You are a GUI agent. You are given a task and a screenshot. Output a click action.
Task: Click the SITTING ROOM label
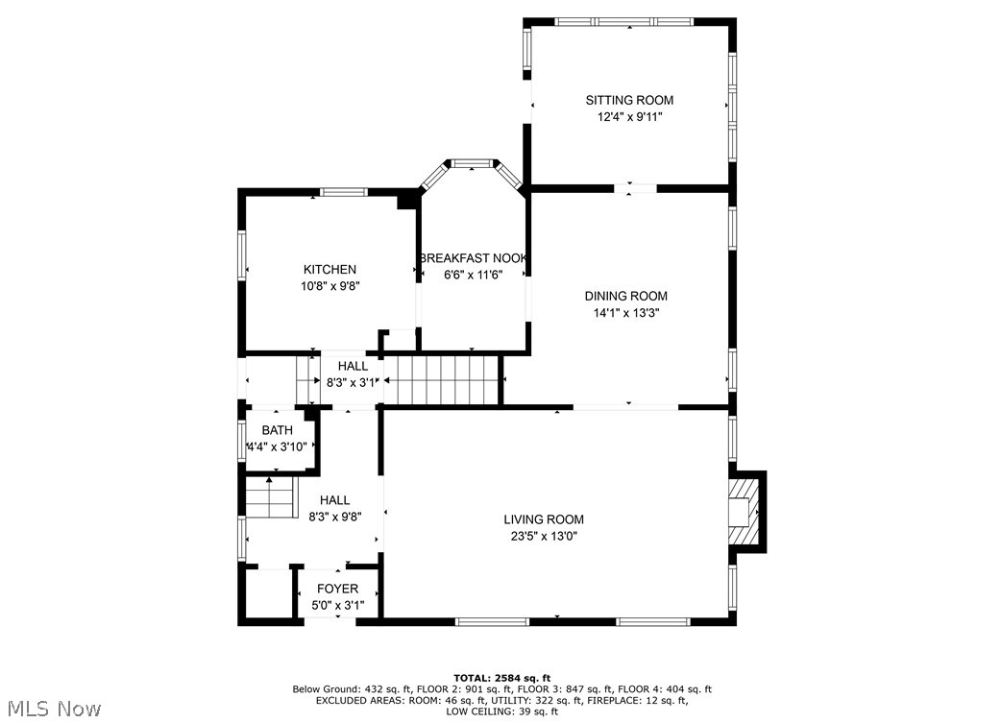coord(629,100)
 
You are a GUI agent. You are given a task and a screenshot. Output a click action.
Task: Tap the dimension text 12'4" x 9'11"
coord(629,117)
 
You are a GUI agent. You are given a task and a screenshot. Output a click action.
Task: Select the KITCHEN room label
coord(330,270)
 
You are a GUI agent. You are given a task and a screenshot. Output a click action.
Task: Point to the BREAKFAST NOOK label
coord(473,258)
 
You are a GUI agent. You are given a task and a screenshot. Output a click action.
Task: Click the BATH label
coord(277,430)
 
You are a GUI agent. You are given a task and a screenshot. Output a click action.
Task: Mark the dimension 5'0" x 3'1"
coord(337,606)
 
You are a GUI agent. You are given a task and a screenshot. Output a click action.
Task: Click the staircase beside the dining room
coord(443,379)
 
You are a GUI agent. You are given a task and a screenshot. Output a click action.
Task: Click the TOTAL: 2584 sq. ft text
coord(501,678)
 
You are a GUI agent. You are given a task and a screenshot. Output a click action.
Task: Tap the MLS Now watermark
coord(51,709)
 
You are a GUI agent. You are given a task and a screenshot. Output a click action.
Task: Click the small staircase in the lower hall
coord(269,499)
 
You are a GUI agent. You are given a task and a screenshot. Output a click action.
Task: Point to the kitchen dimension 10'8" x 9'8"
coord(330,286)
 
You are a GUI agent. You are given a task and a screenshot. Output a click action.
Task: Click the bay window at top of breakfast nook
coord(472,164)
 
